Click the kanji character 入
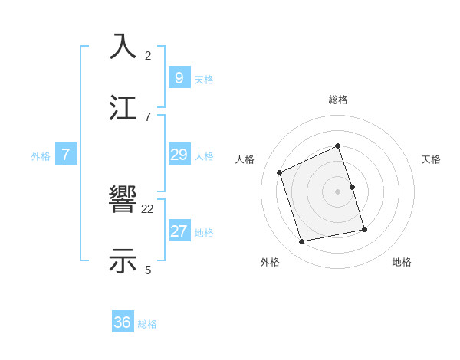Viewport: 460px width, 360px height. (x=124, y=47)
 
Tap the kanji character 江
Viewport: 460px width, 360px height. (x=124, y=108)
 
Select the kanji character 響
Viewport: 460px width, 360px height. (x=124, y=201)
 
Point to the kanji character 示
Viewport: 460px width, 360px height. (x=124, y=261)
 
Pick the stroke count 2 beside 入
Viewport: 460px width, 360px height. (x=148, y=55)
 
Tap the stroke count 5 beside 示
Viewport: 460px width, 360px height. (x=148, y=270)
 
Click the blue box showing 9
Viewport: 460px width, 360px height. (x=179, y=77)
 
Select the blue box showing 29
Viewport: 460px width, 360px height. (x=179, y=155)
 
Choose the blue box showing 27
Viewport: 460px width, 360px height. (x=179, y=231)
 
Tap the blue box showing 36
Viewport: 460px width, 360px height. (x=123, y=322)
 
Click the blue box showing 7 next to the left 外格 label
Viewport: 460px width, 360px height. (x=66, y=155)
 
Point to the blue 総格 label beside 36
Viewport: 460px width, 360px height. (x=147, y=324)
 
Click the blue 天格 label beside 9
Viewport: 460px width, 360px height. (x=204, y=79)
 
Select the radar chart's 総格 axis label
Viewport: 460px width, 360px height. (x=338, y=100)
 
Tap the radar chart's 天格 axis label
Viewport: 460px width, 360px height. (x=432, y=159)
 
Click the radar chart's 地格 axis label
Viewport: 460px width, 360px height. (x=402, y=262)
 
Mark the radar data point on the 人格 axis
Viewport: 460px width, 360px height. (x=280, y=172)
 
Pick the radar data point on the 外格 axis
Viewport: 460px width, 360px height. (x=302, y=241)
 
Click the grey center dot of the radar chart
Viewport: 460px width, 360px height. (x=338, y=191)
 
